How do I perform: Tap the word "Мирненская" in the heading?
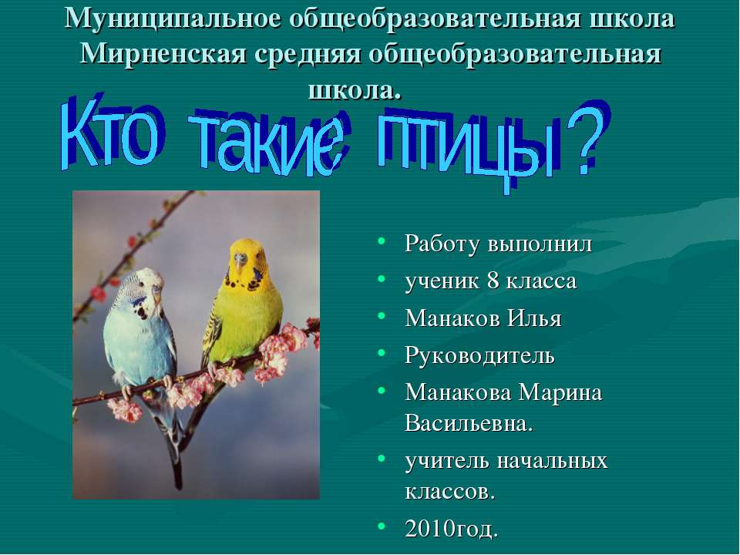click(163, 54)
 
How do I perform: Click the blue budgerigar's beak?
click(156, 294)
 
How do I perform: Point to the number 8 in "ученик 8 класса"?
click(493, 281)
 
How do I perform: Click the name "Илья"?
click(533, 318)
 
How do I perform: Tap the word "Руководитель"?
click(479, 355)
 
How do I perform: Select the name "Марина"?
click(560, 392)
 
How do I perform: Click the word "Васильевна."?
click(469, 423)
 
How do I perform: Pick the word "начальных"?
click(552, 461)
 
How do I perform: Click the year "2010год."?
click(451, 529)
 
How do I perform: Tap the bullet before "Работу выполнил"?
click(382, 241)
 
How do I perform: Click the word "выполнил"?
click(540, 245)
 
